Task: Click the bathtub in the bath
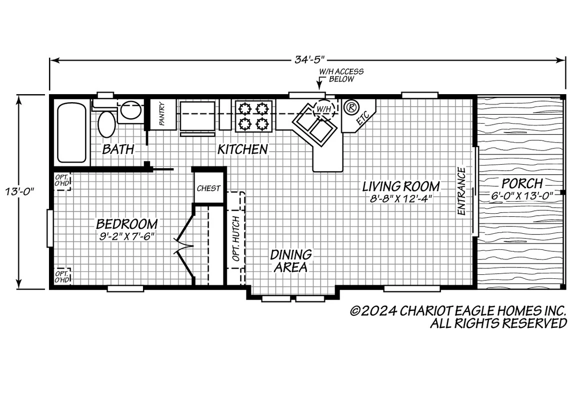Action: pyautogui.click(x=72, y=133)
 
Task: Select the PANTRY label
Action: pyautogui.click(x=161, y=114)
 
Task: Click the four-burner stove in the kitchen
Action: pyautogui.click(x=253, y=116)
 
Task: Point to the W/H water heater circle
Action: pyautogui.click(x=323, y=108)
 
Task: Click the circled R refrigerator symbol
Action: pyautogui.click(x=351, y=107)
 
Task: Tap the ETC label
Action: pyautogui.click(x=362, y=119)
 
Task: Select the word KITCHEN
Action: pyautogui.click(x=242, y=150)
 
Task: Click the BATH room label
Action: pyautogui.click(x=118, y=149)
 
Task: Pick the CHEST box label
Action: pyautogui.click(x=208, y=188)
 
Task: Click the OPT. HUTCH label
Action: pyautogui.click(x=236, y=239)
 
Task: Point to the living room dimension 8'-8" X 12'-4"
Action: pyautogui.click(x=400, y=199)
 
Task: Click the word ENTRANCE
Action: pyautogui.click(x=461, y=191)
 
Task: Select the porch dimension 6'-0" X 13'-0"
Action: pyautogui.click(x=522, y=196)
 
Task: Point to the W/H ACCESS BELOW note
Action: pyautogui.click(x=341, y=75)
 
